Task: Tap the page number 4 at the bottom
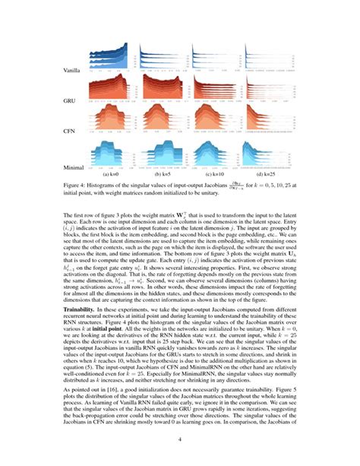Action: pyautogui.click(x=180, y=439)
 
